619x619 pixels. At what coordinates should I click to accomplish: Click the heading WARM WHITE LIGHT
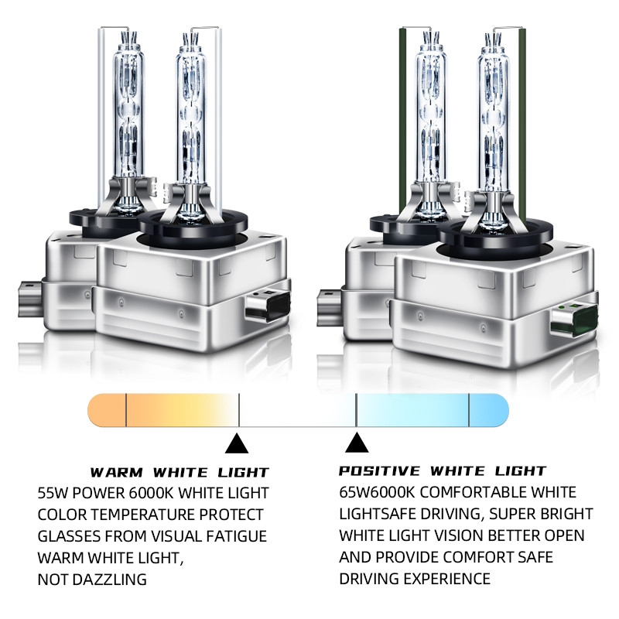coord(180,472)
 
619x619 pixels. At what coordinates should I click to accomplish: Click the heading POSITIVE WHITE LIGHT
coord(443,470)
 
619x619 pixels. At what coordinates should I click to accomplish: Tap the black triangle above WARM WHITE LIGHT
coord(237,443)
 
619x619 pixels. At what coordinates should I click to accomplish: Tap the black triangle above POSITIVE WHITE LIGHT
coord(357,442)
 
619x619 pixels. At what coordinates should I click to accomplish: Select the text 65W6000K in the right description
coord(377,492)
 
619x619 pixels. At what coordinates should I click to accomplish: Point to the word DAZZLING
coord(110,580)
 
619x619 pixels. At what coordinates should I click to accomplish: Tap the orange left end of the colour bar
coord(107,410)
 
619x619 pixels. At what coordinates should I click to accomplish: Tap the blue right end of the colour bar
coord(489,410)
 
